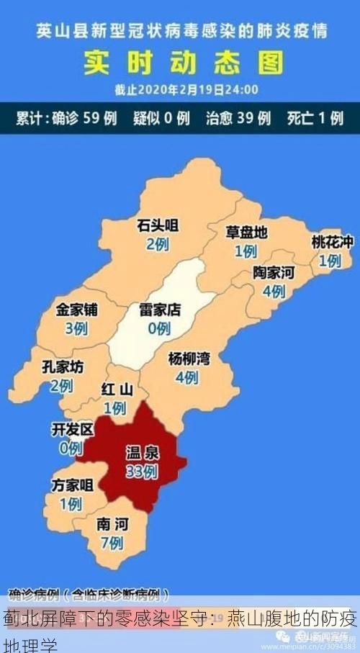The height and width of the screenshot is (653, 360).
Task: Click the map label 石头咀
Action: coord(158,226)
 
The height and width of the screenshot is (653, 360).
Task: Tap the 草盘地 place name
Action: coord(246,233)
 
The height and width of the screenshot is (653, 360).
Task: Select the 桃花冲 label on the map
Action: coord(332,242)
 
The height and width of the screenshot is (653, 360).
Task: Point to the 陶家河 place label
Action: coord(274,273)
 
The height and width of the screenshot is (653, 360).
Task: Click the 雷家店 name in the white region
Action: coord(159,310)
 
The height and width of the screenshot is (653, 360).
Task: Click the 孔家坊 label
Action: coord(62,366)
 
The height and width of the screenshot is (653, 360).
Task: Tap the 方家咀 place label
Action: coord(72,485)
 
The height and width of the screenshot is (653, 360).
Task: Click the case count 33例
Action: coord(142,472)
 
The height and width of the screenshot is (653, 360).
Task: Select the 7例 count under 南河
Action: coord(112,543)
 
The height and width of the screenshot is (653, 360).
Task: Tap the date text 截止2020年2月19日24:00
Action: coord(186,91)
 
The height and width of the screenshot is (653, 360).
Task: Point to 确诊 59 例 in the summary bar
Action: coord(84,118)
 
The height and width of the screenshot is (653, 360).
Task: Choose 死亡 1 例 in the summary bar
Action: coord(315,118)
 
